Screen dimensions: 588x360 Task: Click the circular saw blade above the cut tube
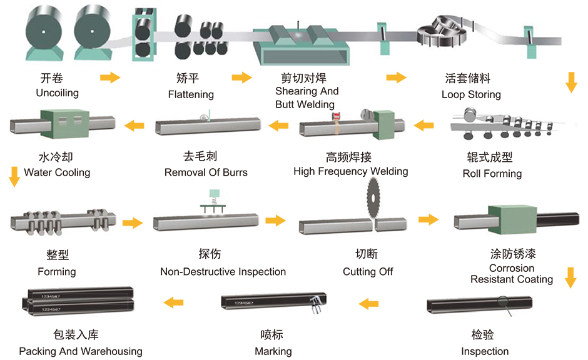(x=373, y=197)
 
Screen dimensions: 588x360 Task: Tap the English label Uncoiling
(x=58, y=93)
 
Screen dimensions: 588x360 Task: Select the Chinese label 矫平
(x=188, y=78)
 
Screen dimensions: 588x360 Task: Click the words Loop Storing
(x=471, y=94)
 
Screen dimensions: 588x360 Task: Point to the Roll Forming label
(x=492, y=174)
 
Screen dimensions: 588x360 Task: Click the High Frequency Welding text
(x=351, y=171)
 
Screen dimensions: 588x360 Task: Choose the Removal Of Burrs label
(x=206, y=172)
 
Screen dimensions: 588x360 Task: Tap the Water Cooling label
(x=57, y=172)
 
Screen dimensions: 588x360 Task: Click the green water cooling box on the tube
(x=64, y=123)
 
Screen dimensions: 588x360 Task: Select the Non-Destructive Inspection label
(x=223, y=272)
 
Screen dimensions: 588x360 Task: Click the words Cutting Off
(x=368, y=272)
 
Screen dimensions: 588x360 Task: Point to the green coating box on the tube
(x=512, y=219)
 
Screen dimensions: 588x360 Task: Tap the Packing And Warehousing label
(x=81, y=351)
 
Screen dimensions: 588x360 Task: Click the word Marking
(x=273, y=351)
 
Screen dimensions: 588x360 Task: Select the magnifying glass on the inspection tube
(x=505, y=305)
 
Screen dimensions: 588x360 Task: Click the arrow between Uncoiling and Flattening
(x=110, y=77)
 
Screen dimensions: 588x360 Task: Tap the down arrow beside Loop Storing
(x=571, y=82)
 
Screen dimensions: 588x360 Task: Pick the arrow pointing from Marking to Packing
(x=174, y=302)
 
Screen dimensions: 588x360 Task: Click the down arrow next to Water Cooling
(x=14, y=176)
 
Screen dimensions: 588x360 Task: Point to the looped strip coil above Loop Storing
(x=442, y=32)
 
